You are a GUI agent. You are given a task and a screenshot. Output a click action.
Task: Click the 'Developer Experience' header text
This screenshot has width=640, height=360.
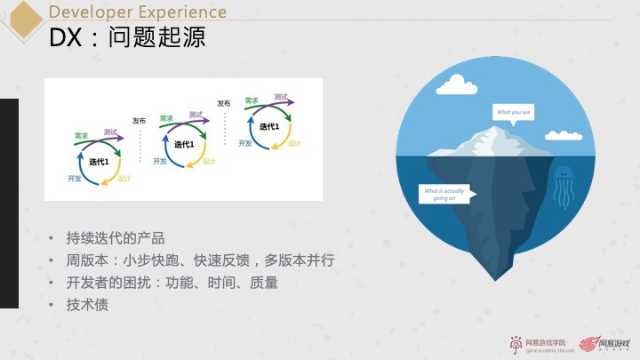click(x=137, y=12)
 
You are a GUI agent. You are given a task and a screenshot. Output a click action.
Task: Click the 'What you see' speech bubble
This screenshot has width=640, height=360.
click(x=514, y=112)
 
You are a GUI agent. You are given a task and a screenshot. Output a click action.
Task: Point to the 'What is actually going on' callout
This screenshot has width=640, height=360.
click(x=444, y=194)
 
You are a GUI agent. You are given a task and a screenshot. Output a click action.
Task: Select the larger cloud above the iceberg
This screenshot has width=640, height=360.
click(x=453, y=84)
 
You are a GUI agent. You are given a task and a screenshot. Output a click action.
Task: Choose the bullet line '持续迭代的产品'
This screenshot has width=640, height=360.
click(x=116, y=238)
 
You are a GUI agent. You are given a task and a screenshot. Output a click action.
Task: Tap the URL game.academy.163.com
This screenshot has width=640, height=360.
click(x=546, y=351)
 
